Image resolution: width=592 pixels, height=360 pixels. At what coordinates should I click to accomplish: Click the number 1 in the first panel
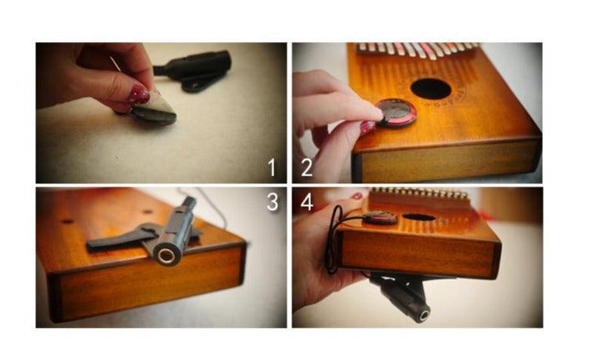point(271,168)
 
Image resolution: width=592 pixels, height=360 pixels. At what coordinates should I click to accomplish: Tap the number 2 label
point(306,168)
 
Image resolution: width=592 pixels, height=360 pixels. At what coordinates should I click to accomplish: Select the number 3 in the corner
point(271,202)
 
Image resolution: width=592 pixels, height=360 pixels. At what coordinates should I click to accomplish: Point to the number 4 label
point(306,202)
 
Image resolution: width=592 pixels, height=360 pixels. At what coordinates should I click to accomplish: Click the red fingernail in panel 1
point(138,96)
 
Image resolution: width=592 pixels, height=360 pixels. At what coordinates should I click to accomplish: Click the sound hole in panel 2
point(430,88)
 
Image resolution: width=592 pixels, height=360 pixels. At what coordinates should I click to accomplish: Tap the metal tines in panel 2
point(418,51)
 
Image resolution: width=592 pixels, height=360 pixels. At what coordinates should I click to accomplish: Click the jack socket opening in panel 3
point(165,255)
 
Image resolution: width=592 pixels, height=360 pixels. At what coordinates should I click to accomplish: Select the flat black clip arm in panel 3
point(117,241)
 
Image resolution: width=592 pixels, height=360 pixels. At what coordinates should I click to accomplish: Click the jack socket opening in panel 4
point(423,315)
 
